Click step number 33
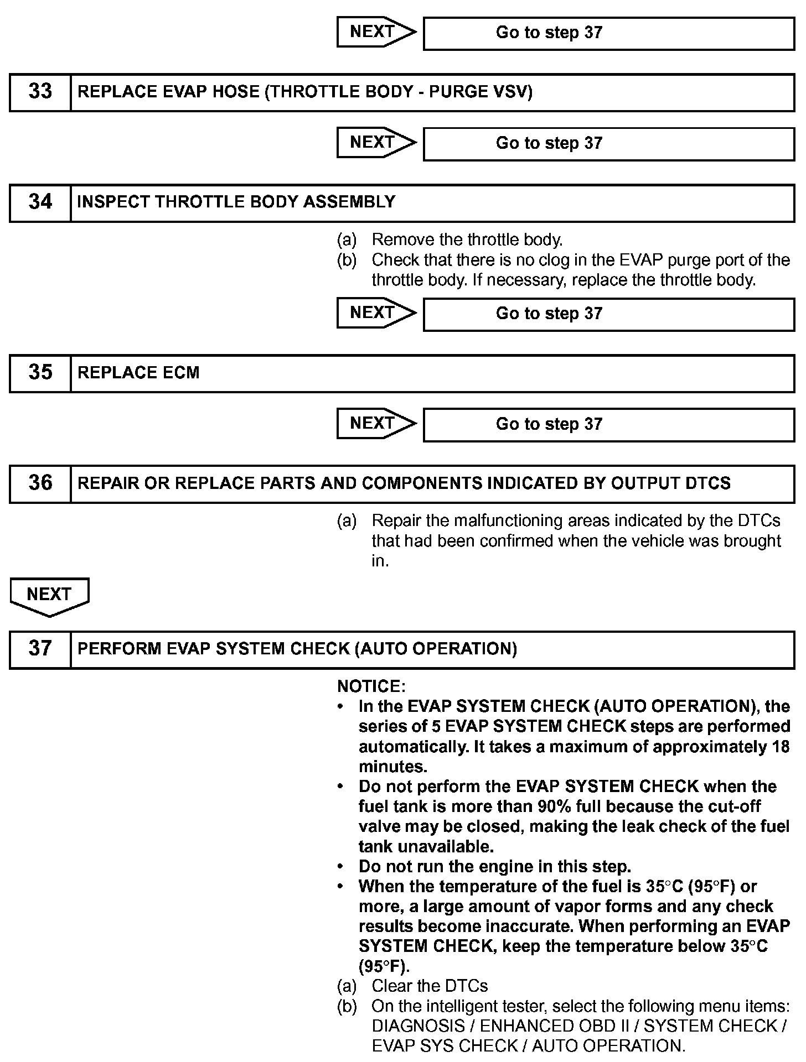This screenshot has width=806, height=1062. pos(40,92)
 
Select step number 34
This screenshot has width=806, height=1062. pos(40,202)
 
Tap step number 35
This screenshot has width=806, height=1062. pos(40,373)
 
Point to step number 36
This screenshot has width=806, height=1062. pos(40,483)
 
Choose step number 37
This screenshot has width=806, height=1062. pos(40,649)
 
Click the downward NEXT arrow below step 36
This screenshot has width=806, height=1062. pos(49,596)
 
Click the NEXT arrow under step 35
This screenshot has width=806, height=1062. pos(375,424)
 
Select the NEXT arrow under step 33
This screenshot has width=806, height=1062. pos(375,143)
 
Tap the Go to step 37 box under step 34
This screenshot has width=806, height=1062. pos(608,314)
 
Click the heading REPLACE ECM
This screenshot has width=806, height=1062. pos(138,373)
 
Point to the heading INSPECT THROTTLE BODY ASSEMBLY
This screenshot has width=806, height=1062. pos(236,202)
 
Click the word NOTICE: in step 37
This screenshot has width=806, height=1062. pos(371,686)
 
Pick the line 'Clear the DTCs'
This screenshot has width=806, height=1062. pos(430,986)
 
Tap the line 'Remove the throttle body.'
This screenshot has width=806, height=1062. pos(467,240)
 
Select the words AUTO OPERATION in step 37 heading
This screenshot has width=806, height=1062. pos(436,649)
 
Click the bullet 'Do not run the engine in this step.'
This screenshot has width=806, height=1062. pos(494,866)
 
